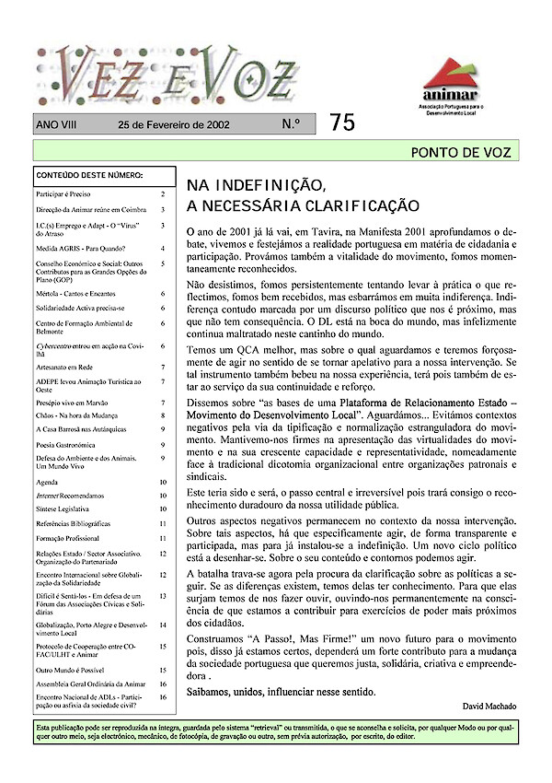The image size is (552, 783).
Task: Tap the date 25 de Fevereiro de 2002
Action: click(x=174, y=124)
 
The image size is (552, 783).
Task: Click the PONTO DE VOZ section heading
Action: click(x=460, y=153)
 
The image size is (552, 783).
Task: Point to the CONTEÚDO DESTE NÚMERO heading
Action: click(x=89, y=174)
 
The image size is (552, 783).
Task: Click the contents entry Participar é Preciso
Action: click(x=68, y=194)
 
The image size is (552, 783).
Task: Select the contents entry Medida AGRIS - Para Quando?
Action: click(x=80, y=248)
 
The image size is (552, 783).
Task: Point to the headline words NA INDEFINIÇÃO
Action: click(x=257, y=183)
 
